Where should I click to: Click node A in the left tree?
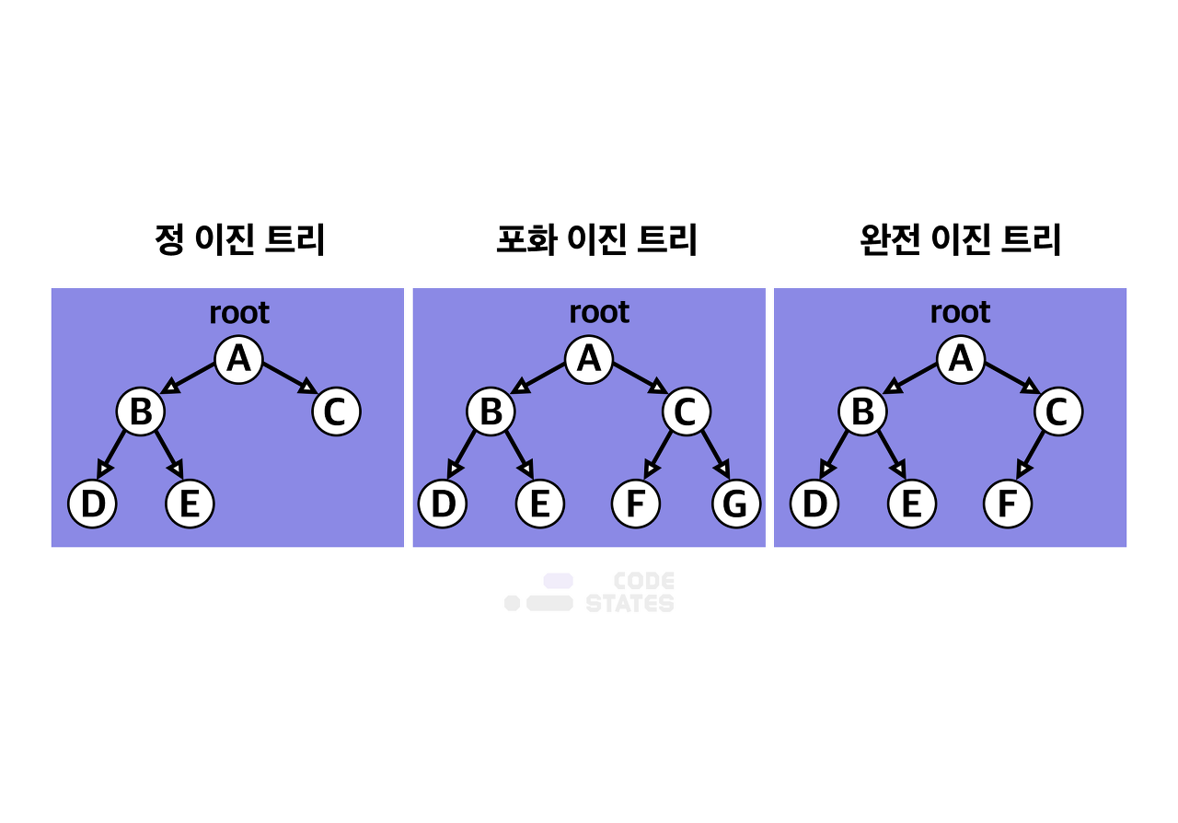[238, 359]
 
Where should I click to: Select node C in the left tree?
[336, 411]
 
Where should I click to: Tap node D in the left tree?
[92, 504]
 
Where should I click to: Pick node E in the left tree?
[190, 504]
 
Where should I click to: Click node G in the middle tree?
[735, 504]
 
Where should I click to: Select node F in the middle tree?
[636, 504]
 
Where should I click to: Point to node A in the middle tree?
[589, 359]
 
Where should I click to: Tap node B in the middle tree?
[491, 411]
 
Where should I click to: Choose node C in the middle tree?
[687, 411]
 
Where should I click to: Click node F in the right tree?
[1008, 504]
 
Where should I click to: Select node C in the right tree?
[1058, 411]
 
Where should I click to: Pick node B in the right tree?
[862, 411]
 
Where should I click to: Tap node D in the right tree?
[814, 504]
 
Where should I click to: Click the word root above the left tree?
[239, 313]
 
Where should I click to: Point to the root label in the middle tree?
[599, 313]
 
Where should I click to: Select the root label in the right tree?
[960, 313]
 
